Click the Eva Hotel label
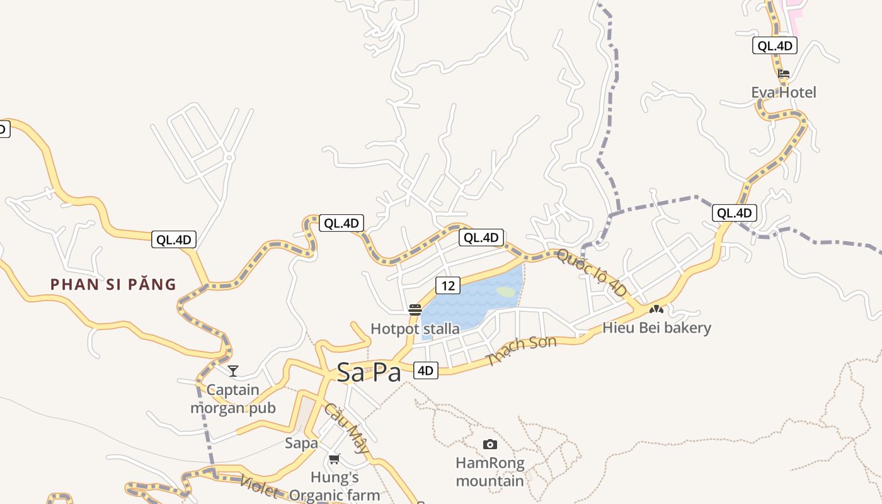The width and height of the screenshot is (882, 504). tap(783, 93)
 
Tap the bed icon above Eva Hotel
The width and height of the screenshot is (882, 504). tap(783, 74)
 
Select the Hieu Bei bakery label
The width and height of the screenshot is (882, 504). tap(656, 328)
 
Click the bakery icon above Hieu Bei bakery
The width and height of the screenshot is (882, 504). tap(656, 309)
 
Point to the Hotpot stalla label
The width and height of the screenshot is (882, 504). tap(415, 328)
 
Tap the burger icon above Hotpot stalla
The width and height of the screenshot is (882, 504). tap(415, 309)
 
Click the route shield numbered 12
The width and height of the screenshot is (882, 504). tap(447, 285)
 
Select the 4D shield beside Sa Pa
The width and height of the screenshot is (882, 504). tap(426, 370)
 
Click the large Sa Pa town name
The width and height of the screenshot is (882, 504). tap(369, 372)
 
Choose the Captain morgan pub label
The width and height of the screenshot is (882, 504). tap(233, 399)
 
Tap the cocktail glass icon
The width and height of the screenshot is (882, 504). tap(233, 371)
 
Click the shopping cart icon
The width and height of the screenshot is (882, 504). tap(334, 459)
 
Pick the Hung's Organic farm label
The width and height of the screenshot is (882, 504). tap(335, 486)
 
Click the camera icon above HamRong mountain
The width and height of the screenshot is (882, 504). tap(490, 445)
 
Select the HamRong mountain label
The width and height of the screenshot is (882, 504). tap(490, 472)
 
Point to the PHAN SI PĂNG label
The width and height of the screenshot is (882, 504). tap(113, 284)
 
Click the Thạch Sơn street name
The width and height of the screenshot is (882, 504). tap(522, 351)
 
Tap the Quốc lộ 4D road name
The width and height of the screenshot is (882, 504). tap(593, 273)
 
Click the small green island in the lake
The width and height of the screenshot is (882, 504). tap(506, 292)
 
